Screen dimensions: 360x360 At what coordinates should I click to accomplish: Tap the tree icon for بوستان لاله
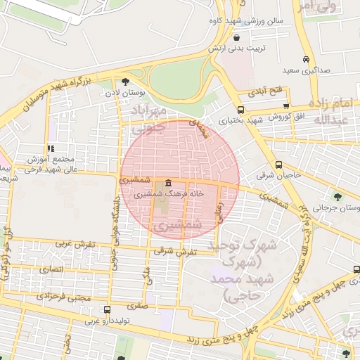125,81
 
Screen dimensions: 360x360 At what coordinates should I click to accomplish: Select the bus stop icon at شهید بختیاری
241,110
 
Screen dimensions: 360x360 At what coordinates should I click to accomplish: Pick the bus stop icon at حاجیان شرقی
279,165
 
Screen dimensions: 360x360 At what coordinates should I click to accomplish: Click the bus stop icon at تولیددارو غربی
107,309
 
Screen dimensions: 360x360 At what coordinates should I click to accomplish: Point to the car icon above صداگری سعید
306,60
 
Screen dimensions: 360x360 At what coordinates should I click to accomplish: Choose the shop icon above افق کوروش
285,105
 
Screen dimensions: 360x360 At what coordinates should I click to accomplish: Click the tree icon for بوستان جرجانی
338,197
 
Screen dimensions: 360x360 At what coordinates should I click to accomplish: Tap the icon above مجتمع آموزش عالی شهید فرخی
50,148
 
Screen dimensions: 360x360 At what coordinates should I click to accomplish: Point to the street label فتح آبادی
266,91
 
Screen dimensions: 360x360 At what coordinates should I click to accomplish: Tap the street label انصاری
51,269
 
